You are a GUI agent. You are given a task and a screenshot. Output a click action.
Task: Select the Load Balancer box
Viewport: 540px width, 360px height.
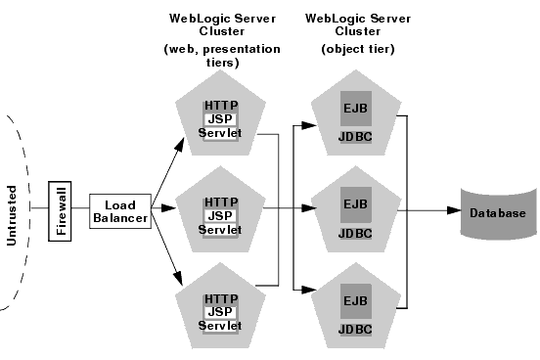pos(120,211)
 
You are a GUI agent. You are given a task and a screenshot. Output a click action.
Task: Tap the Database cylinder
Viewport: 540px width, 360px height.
pos(500,213)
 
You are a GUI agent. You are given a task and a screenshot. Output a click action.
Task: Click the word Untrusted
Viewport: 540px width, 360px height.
pos(13,211)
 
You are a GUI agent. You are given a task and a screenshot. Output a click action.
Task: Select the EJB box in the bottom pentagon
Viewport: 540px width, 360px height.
pos(354,300)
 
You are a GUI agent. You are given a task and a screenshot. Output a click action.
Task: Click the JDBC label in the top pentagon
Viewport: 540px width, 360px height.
pos(354,139)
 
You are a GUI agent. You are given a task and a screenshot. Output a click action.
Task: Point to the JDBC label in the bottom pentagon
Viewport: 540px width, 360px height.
pos(354,330)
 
